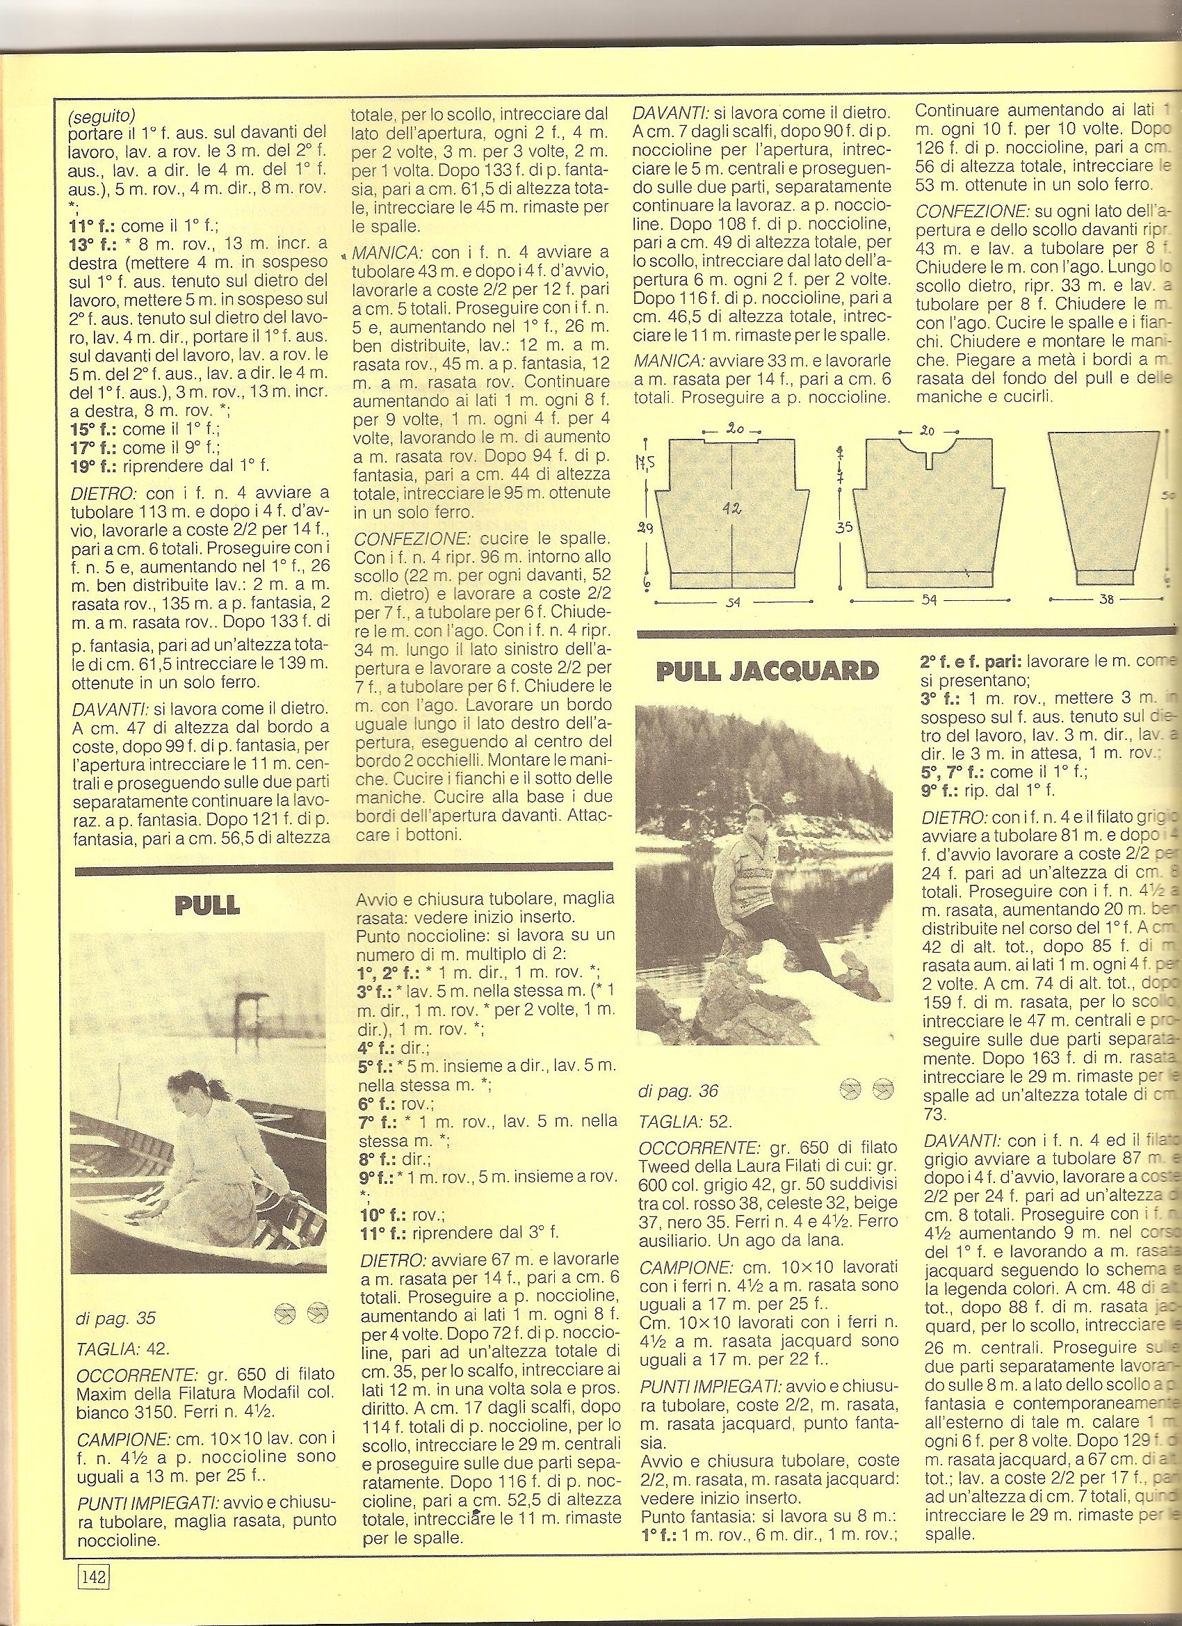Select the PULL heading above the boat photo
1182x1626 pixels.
pyautogui.click(x=207, y=906)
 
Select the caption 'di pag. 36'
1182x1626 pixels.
pyautogui.click(x=677, y=1091)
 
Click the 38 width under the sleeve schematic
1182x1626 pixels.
pyautogui.click(x=1106, y=599)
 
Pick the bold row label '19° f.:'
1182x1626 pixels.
pyautogui.click(x=95, y=465)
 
